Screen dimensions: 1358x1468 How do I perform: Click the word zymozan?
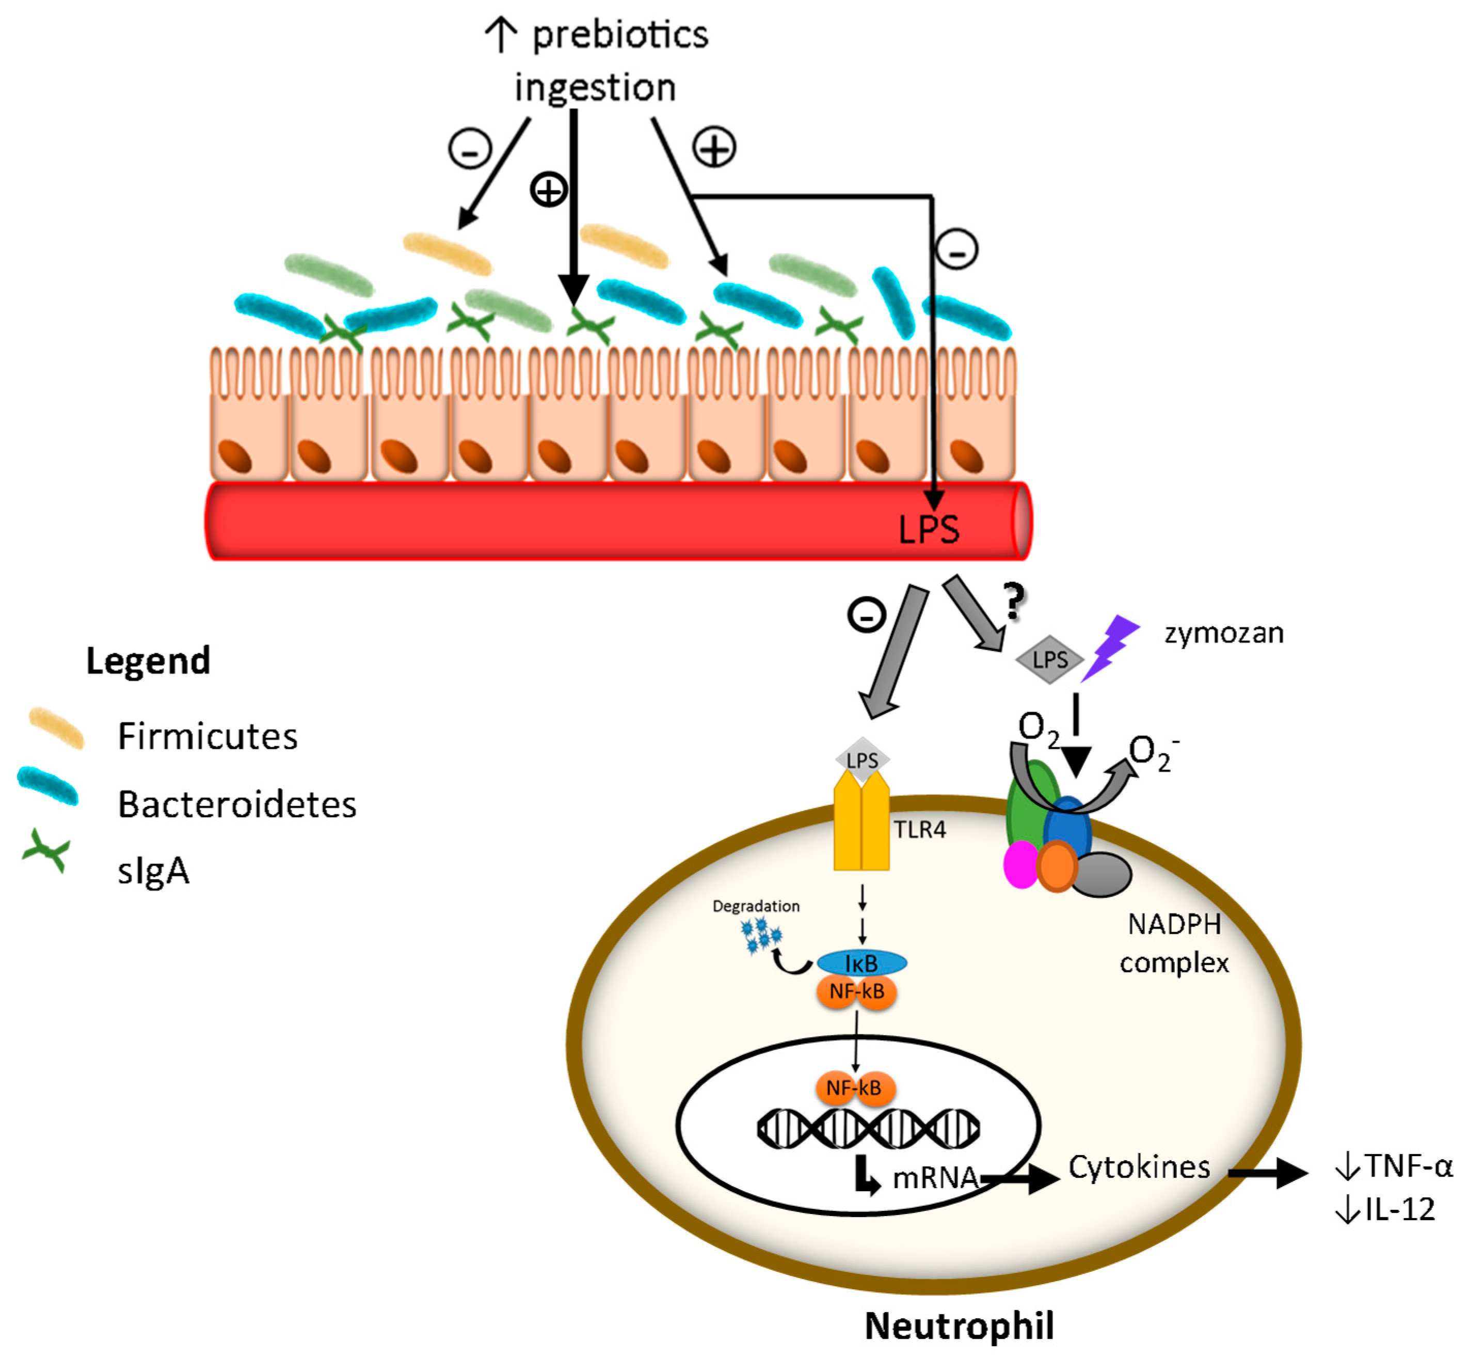tap(1223, 634)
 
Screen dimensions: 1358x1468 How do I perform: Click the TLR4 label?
tap(919, 830)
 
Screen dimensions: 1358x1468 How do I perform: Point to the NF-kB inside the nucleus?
tap(854, 1088)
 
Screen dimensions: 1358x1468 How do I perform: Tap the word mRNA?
tap(935, 1178)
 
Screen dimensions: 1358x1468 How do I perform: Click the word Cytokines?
tap(1138, 1167)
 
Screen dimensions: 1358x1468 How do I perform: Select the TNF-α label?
tap(1407, 1166)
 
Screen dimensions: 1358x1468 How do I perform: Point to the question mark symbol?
tap(1014, 601)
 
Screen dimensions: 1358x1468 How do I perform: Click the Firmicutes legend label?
tap(207, 736)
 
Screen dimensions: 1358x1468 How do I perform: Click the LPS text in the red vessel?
tap(929, 529)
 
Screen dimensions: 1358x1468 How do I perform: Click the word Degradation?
tap(755, 906)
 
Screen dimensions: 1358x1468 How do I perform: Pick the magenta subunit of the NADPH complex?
tap(1020, 865)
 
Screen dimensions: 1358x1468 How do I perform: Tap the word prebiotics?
tap(619, 35)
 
